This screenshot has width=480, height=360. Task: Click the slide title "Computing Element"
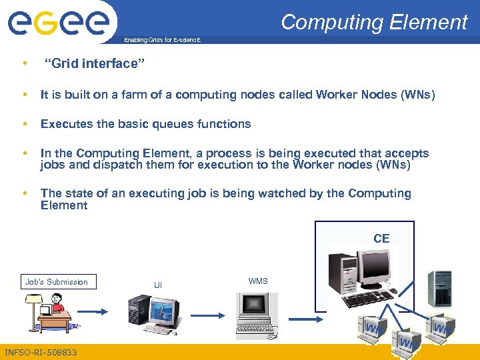374,22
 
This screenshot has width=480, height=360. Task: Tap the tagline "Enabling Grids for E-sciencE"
161,41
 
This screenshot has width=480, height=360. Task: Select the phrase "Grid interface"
94,65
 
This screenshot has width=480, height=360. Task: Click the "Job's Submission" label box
57,282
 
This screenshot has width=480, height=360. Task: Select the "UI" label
158,285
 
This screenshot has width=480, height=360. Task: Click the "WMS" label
258,281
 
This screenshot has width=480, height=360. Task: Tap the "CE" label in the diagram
381,239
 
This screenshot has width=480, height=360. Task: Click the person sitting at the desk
57,306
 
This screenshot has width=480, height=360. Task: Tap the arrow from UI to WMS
208,311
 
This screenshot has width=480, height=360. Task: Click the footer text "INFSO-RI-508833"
40,352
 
